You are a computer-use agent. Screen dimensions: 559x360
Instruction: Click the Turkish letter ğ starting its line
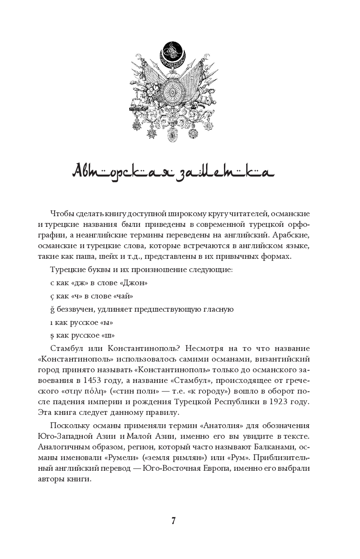[x=52, y=309]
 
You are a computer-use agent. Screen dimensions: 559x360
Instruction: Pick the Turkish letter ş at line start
[x=52, y=335]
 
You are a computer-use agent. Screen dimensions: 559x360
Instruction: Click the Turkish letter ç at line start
[x=52, y=296]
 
